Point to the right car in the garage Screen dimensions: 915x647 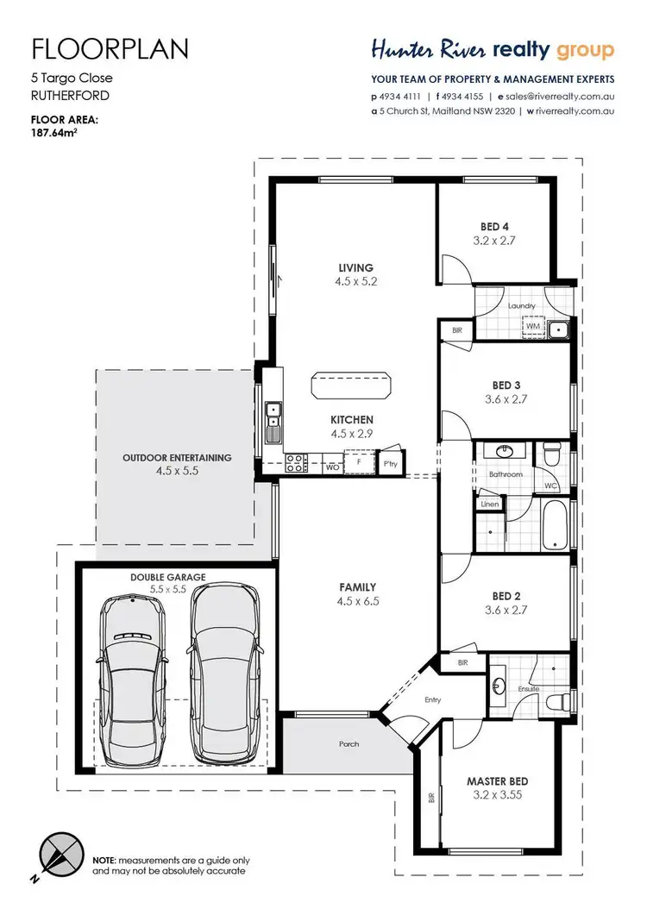(225, 673)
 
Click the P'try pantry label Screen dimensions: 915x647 (390, 463)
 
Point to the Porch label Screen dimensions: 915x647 (349, 743)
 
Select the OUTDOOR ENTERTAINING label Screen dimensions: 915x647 (177, 458)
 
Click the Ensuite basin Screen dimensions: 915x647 (499, 685)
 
